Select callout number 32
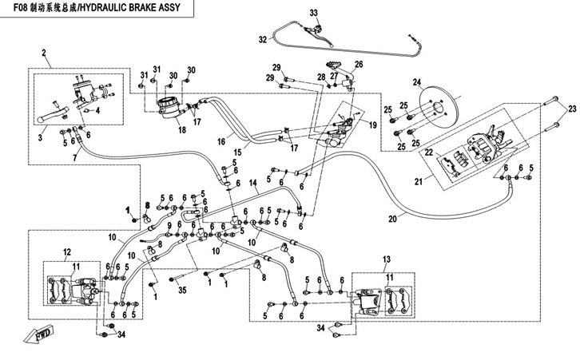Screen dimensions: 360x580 point(262,38)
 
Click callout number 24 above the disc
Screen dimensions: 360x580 point(416,82)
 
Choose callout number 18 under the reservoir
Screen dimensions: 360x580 point(181,130)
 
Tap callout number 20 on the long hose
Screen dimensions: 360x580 point(392,219)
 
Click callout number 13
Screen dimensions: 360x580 point(387,259)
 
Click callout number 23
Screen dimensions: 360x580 point(572,108)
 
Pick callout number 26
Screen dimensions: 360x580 point(359,64)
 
